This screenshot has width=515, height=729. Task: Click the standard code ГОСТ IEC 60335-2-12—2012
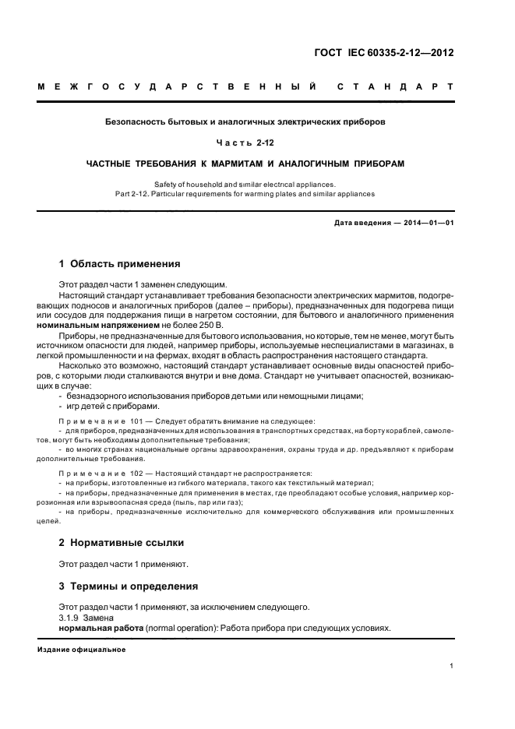pyautogui.click(x=384, y=53)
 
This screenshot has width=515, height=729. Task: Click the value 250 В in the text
pyautogui.click(x=210, y=324)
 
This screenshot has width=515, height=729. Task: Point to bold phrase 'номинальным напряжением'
pyautogui.click(x=107, y=324)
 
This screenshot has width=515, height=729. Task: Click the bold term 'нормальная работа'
pyautogui.click(x=101, y=629)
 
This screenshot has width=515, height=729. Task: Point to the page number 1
pyautogui.click(x=452, y=665)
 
